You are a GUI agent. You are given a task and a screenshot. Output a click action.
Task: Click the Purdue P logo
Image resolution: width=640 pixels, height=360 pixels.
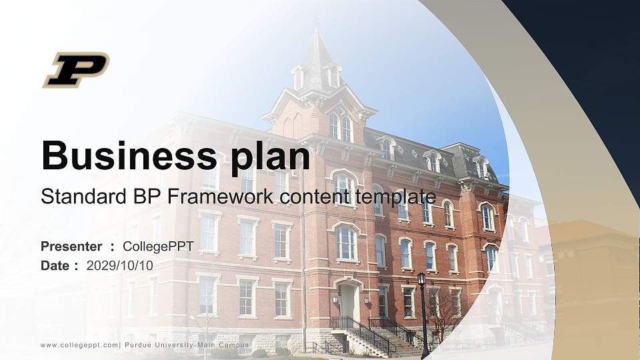tap(76, 69)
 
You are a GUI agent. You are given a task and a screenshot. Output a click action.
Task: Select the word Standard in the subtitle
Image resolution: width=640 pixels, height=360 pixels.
tap(75, 197)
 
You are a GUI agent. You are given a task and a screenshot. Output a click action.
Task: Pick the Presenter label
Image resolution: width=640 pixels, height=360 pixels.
tap(71, 247)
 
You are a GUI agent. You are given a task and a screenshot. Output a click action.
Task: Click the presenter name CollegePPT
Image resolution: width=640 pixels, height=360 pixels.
tap(158, 247)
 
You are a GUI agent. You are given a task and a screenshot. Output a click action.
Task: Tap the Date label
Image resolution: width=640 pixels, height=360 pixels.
tap(55, 265)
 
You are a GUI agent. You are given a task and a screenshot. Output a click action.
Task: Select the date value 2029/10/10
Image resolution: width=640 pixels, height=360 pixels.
tap(120, 265)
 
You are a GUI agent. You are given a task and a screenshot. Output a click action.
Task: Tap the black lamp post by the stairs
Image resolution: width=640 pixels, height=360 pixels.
tap(423, 313)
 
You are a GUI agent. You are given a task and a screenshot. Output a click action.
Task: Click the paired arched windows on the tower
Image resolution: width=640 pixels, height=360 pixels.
tap(341, 127)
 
